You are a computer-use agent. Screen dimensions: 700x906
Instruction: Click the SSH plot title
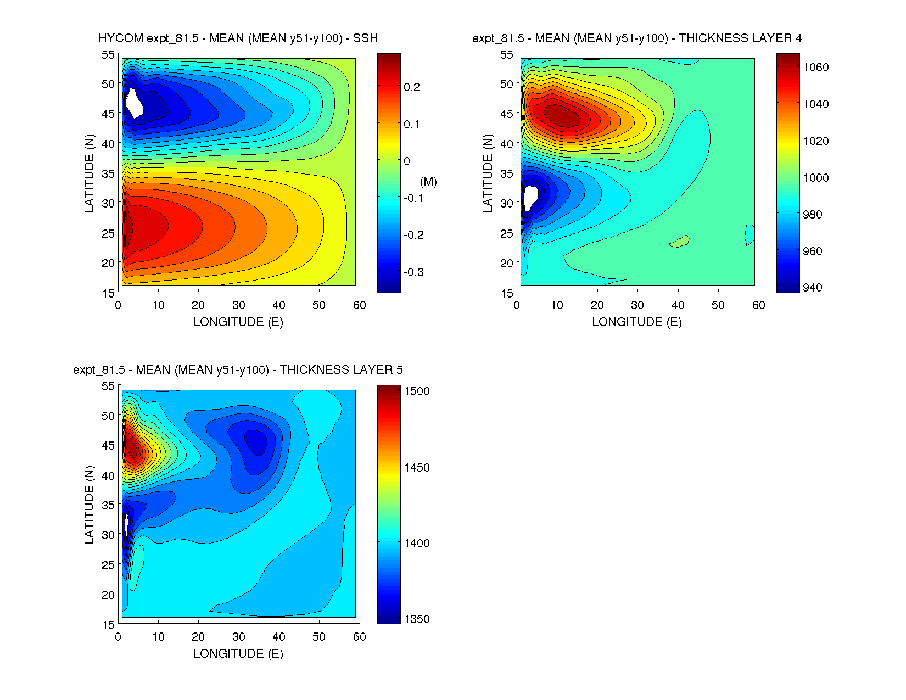pos(238,38)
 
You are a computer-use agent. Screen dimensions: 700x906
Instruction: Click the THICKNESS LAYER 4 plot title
pos(636,38)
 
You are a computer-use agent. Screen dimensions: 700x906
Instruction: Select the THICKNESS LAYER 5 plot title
pos(238,370)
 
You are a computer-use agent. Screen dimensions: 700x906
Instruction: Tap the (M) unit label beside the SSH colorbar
pos(428,182)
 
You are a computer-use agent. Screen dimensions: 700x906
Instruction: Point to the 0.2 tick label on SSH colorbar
pos(411,87)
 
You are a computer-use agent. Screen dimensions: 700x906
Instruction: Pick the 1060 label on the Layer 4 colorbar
pos(815,68)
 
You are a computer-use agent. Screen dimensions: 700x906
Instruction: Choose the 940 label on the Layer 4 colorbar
pos(813,288)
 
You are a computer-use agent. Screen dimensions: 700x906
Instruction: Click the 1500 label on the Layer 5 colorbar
pos(417,391)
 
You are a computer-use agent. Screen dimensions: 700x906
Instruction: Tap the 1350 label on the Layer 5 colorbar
pos(417,619)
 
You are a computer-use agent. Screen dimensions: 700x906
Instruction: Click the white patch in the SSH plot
pos(133,103)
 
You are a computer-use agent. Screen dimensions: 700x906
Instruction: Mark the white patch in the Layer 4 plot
pos(530,197)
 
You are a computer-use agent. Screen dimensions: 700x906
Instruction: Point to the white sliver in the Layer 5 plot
pos(126,524)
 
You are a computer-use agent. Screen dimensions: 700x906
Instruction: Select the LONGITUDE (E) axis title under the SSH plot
pos(238,322)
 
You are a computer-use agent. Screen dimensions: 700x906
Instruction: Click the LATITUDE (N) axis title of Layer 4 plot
pos(488,173)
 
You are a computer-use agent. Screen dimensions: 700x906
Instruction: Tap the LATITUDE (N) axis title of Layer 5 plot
pos(89,505)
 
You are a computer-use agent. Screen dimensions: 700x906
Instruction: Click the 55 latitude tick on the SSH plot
pos(108,55)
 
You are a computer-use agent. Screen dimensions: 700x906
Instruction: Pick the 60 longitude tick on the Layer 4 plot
pos(758,305)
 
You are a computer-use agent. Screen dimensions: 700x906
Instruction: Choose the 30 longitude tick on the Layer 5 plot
pos(238,637)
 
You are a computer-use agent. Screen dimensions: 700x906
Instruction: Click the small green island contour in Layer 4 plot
pos(680,241)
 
